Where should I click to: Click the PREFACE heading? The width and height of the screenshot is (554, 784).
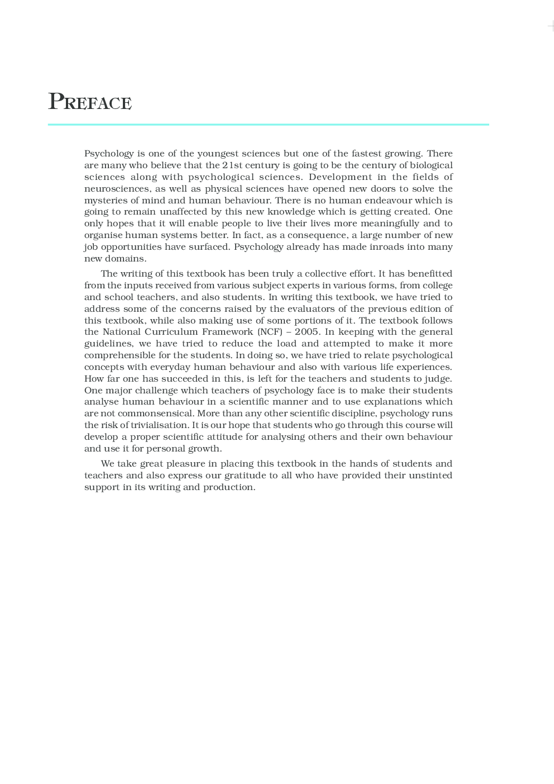point(90,102)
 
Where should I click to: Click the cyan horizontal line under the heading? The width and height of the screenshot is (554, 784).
point(268,125)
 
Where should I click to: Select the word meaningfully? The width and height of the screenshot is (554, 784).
point(390,224)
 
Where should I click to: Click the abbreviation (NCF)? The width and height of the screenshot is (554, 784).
point(270,332)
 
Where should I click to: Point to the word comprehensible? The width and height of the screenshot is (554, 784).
point(120,355)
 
